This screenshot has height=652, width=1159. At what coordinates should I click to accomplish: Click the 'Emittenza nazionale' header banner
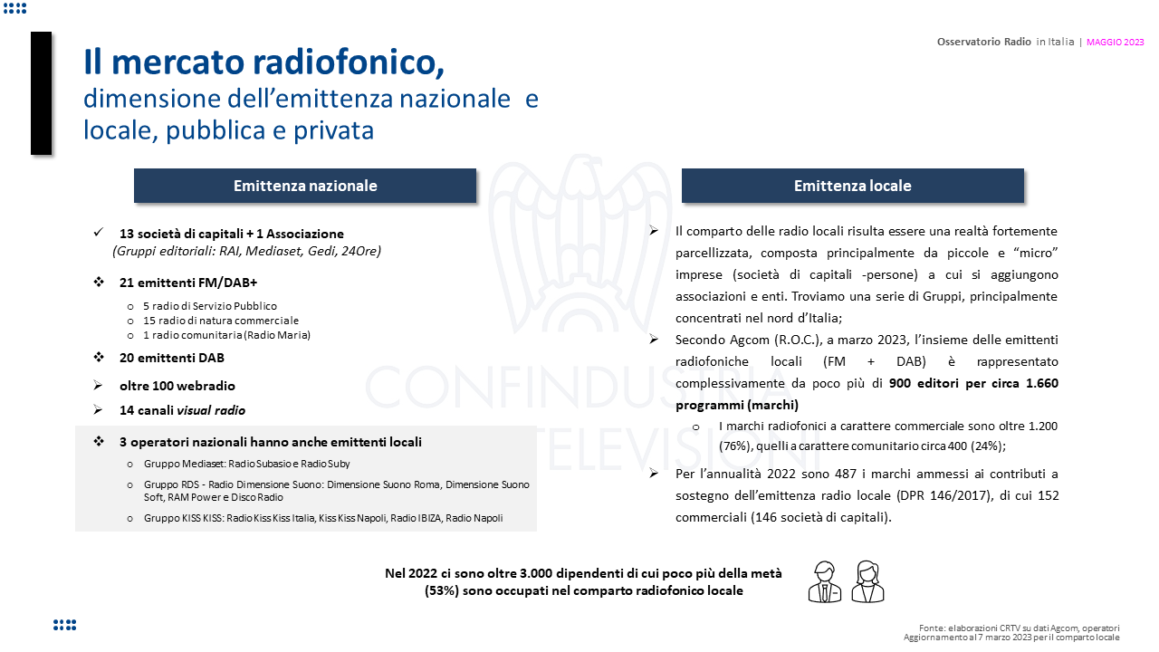[x=305, y=186]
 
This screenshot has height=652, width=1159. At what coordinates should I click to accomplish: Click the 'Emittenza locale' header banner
[x=852, y=186]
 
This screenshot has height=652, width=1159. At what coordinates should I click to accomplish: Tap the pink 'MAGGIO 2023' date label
[x=1116, y=42]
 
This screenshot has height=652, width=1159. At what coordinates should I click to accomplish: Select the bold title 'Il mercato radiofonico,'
[x=263, y=62]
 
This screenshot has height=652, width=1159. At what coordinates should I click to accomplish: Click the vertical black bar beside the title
[x=41, y=93]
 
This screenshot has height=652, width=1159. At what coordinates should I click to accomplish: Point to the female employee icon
[x=867, y=581]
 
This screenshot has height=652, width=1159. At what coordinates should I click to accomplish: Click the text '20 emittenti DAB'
[x=171, y=358]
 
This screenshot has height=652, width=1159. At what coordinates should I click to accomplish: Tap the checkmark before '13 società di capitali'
[x=99, y=233]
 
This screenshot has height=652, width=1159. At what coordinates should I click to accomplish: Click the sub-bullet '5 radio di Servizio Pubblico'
[x=209, y=306]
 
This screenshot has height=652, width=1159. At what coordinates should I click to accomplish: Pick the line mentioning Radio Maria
[x=226, y=335]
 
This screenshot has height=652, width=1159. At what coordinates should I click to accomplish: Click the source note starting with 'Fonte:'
[x=1019, y=628]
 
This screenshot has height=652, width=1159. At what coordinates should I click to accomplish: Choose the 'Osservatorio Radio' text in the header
[x=983, y=42]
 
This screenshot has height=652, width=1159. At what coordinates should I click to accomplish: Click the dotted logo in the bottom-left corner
[x=64, y=625]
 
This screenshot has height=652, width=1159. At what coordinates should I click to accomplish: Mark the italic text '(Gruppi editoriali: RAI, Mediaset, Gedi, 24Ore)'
[x=246, y=251]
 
